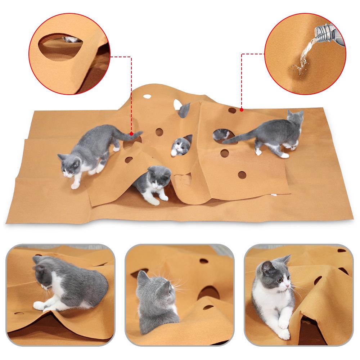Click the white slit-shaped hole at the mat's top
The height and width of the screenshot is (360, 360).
coord(147,96)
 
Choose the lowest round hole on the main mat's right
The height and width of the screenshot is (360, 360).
coord(242,175)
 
